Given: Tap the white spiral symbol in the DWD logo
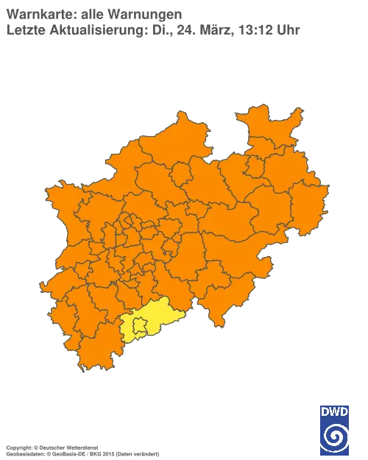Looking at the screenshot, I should (334, 436).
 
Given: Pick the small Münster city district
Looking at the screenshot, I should (180, 176).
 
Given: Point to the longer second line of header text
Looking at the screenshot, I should (155, 29).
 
